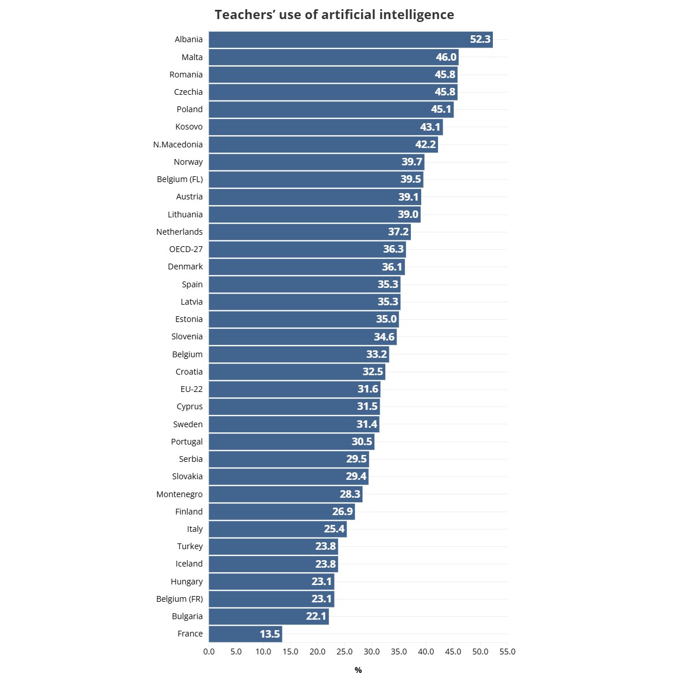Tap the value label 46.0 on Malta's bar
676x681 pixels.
click(x=446, y=57)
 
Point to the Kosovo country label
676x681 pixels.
click(x=189, y=127)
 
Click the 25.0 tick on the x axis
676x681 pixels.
click(x=344, y=652)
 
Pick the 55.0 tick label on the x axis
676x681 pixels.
click(x=507, y=652)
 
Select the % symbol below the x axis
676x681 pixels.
click(x=358, y=670)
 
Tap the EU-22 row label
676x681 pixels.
click(x=191, y=389)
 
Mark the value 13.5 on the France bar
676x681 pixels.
click(x=270, y=634)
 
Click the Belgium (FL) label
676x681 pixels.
click(x=180, y=179)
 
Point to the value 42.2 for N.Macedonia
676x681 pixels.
click(x=425, y=145)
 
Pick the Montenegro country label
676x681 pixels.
click(x=179, y=494)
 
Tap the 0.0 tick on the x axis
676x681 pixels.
click(x=209, y=652)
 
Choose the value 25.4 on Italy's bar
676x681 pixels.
click(x=334, y=529)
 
